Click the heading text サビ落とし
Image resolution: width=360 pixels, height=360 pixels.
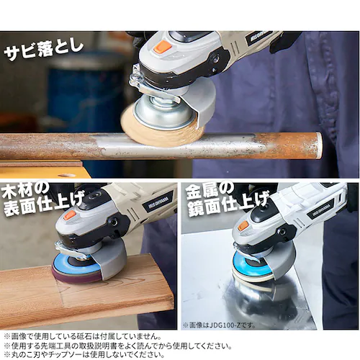(44, 51)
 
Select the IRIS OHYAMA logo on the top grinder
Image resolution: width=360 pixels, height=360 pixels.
(260, 38)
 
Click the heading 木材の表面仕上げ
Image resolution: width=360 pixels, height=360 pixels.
(42, 199)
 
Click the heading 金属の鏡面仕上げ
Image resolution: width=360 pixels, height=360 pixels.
(228, 199)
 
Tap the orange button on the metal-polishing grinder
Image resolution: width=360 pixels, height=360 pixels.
(243, 226)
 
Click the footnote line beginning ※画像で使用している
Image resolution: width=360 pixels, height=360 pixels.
(82, 336)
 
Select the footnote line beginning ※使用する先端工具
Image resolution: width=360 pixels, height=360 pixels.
(118, 346)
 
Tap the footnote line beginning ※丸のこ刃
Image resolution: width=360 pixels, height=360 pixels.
(84, 355)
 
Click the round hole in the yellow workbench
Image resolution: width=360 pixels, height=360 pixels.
(66, 176)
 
